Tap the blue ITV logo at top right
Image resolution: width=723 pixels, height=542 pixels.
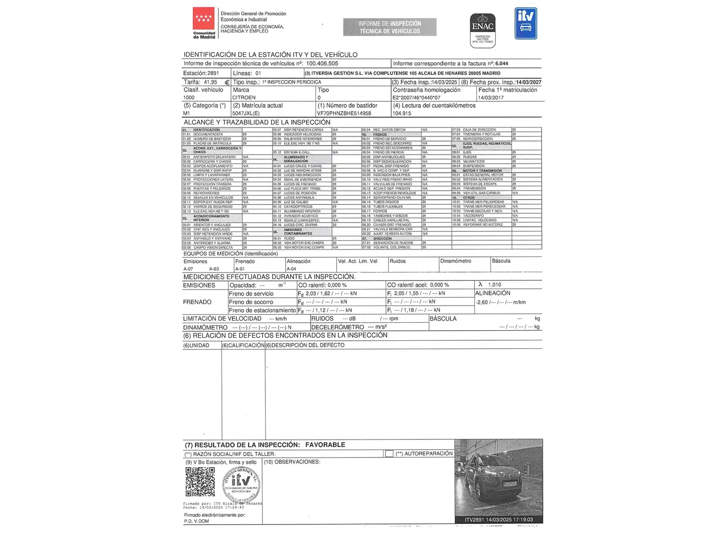point(526,24)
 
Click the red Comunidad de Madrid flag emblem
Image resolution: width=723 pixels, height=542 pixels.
point(203,20)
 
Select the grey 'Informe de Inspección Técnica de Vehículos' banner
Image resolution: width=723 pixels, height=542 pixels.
point(390,27)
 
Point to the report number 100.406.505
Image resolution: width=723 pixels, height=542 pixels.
point(322,64)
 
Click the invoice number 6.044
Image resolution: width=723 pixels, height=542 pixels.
point(502,64)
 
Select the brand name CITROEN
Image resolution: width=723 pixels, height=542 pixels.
point(244,98)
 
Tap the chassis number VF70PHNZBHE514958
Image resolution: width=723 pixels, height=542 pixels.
point(344,113)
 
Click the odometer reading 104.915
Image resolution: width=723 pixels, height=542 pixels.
point(402,113)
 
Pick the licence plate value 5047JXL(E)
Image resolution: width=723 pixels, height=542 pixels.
point(246,113)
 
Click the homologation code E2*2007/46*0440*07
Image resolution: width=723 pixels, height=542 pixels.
point(416,98)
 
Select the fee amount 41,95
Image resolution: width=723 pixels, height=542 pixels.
point(210,82)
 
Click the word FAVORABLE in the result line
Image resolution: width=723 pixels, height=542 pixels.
point(325,445)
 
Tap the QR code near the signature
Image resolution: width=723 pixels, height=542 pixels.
point(200,482)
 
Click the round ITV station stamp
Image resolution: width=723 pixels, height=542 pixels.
point(242,484)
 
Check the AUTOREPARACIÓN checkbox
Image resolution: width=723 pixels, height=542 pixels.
point(389,454)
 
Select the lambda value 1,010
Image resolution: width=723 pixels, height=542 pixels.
point(495,285)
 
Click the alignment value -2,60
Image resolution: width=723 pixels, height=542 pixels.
point(482,303)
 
